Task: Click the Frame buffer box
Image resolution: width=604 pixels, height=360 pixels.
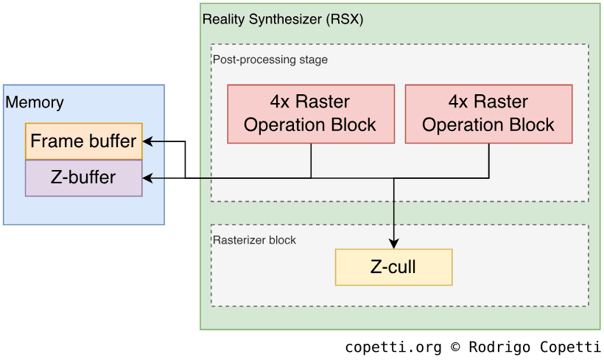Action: [x=84, y=141]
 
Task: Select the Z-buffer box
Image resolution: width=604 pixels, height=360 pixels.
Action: [x=84, y=177]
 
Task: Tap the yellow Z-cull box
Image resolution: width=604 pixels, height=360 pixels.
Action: [x=393, y=267]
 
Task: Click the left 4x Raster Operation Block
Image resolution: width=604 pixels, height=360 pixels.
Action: [x=310, y=113]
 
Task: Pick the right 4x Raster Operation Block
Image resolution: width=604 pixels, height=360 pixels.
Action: [x=488, y=113]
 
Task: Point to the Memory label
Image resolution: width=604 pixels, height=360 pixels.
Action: [x=35, y=102]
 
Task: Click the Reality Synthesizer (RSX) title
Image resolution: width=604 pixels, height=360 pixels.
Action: [x=283, y=20]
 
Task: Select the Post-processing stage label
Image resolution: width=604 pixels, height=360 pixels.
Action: [x=270, y=60]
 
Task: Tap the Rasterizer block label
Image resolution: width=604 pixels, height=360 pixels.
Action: [x=255, y=240]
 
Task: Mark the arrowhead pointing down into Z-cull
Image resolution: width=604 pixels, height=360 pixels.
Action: [x=394, y=244]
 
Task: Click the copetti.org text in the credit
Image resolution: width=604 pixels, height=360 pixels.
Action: [x=393, y=347]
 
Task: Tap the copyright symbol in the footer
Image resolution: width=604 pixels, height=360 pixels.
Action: [x=455, y=347]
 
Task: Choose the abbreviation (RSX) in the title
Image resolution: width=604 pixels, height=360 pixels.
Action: [x=345, y=20]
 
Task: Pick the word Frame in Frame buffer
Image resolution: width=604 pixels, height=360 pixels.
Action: [x=53, y=141]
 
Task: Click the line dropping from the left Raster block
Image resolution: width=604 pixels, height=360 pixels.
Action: [x=311, y=160]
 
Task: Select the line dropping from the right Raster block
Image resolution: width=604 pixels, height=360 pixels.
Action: [x=489, y=160]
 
